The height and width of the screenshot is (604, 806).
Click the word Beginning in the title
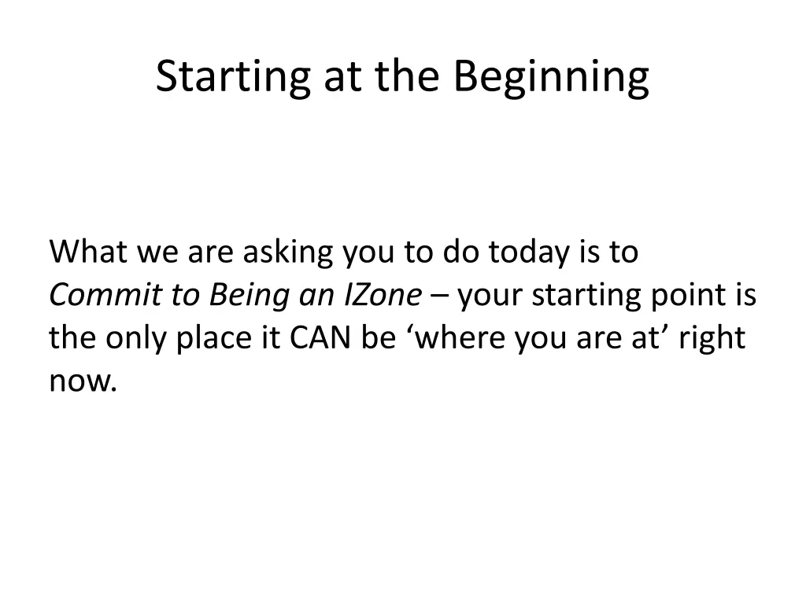(x=551, y=77)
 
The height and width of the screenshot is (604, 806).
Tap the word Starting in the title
(x=233, y=77)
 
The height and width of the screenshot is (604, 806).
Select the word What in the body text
(x=88, y=252)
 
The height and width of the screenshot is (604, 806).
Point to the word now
(x=80, y=382)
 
